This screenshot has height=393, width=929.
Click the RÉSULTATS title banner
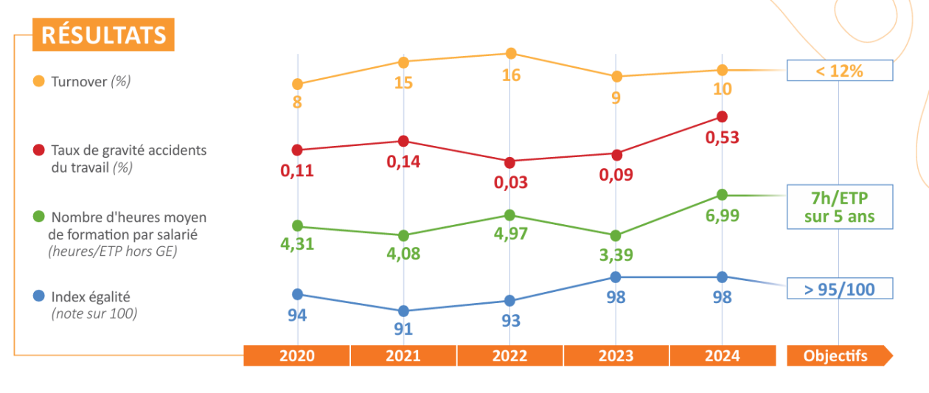pyautogui.click(x=103, y=35)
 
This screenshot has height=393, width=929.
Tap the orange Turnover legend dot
pyautogui.click(x=38, y=81)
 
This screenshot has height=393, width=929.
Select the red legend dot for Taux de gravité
pyautogui.click(x=38, y=150)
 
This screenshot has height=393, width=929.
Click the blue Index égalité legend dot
pyautogui.click(x=38, y=296)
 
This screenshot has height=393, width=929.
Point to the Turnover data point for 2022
pyautogui.click(x=511, y=53)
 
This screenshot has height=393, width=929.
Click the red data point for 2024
pyautogui.click(x=722, y=116)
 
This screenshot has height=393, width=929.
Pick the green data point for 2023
pyautogui.click(x=616, y=235)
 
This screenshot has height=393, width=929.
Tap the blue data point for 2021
pyautogui.click(x=403, y=311)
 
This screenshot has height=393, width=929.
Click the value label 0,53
pyautogui.click(x=722, y=138)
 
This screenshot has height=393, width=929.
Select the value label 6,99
pyautogui.click(x=722, y=215)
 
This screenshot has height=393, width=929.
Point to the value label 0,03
pyautogui.click(x=510, y=182)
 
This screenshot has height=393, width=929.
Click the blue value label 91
pyautogui.click(x=403, y=329)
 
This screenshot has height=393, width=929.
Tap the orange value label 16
pyautogui.click(x=511, y=75)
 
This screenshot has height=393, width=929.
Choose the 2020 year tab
pyautogui.click(x=296, y=355)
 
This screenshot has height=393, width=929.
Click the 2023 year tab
pyautogui.click(x=616, y=355)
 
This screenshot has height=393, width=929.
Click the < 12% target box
pyautogui.click(x=840, y=71)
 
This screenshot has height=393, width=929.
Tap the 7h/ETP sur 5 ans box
pyautogui.click(x=840, y=207)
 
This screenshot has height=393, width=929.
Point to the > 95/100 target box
pyautogui.click(x=840, y=288)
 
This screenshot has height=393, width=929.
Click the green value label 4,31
pyautogui.click(x=297, y=244)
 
